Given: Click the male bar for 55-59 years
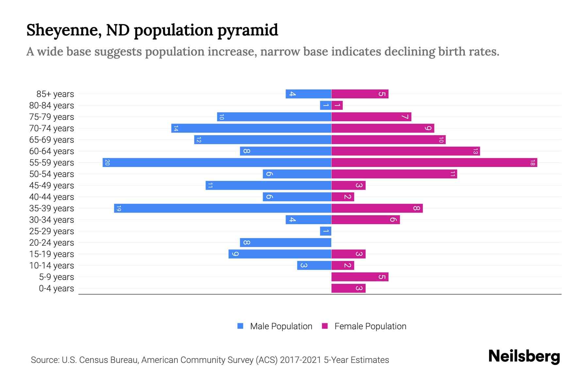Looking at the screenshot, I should [217, 162].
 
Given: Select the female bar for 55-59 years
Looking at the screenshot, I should [434, 162].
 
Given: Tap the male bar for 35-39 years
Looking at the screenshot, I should [222, 208].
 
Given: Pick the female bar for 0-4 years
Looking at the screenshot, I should [348, 288].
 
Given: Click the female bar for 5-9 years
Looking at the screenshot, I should [360, 277].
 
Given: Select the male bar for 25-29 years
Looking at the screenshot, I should [326, 231].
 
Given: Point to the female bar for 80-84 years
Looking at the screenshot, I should [337, 105].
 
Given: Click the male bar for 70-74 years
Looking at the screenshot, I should [251, 128].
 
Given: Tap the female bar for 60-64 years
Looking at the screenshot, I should [405, 151].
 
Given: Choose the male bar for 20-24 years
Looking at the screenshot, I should [286, 242].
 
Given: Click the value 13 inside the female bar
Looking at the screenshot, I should [475, 151].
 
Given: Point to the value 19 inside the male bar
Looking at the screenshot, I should [119, 208].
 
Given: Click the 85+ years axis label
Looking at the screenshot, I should [55, 94].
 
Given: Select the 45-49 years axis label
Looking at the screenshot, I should [52, 186].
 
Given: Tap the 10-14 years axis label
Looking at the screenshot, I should [52, 266].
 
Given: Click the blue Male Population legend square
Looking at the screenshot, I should [240, 326].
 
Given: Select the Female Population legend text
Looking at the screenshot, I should [370, 326].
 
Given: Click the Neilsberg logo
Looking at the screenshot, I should [524, 356].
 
